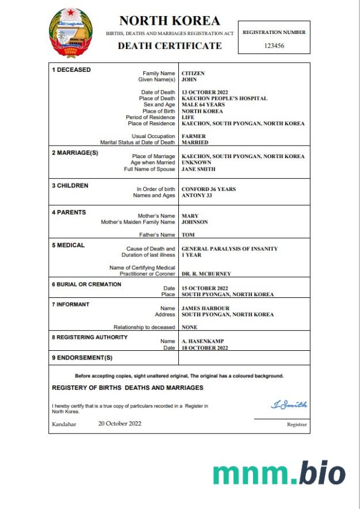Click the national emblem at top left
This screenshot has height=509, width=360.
(70, 33)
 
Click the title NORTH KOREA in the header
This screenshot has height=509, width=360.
(170, 21)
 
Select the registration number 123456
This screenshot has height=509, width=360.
(274, 45)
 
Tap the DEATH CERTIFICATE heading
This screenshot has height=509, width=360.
(170, 46)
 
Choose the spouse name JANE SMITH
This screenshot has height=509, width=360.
(198, 169)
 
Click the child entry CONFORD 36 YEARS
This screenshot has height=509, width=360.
(209, 189)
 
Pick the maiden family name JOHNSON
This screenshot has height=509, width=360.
(195, 222)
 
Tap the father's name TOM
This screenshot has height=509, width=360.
(188, 235)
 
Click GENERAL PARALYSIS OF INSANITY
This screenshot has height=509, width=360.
(229, 249)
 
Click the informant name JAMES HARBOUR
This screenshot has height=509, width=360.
(205, 308)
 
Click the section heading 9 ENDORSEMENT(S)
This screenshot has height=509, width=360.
(82, 358)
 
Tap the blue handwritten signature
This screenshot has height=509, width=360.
(289, 405)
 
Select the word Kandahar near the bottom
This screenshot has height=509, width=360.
(64, 424)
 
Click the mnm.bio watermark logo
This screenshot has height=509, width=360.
(279, 473)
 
